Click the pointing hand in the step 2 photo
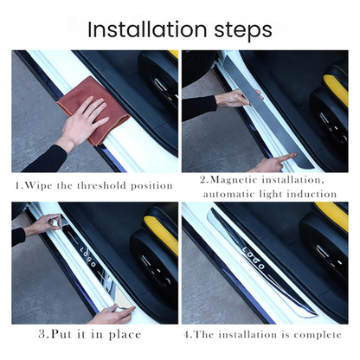271,163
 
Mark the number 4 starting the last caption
188,332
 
